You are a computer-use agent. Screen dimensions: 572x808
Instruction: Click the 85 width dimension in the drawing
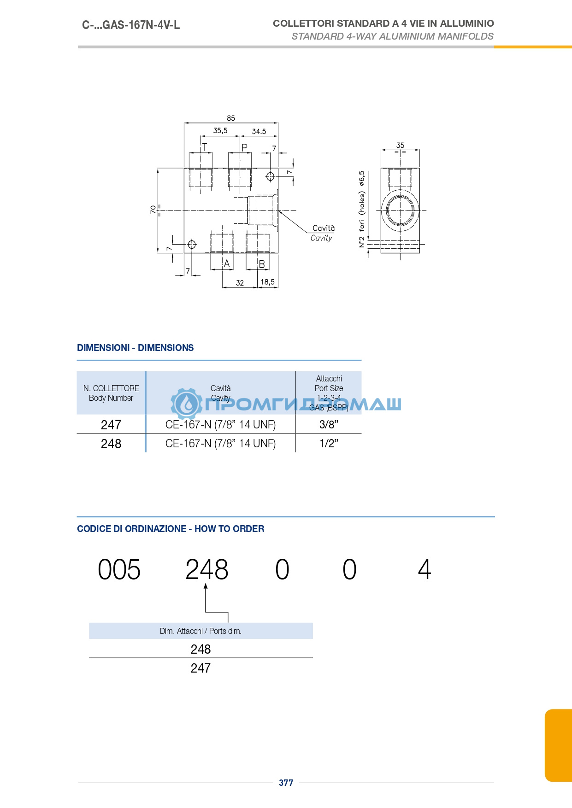231,118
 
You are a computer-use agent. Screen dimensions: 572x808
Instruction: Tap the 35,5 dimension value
220,130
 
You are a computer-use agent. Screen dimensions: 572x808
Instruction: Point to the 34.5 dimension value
259,131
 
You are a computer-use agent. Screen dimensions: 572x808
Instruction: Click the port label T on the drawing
205,147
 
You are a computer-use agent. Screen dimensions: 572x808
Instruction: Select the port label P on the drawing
244,147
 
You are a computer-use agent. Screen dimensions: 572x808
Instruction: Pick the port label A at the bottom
226,264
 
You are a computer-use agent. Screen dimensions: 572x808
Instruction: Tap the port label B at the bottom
262,264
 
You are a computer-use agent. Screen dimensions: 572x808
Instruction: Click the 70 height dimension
153,210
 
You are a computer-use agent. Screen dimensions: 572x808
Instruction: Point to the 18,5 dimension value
267,282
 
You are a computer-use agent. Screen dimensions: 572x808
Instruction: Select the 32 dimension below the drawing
240,283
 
